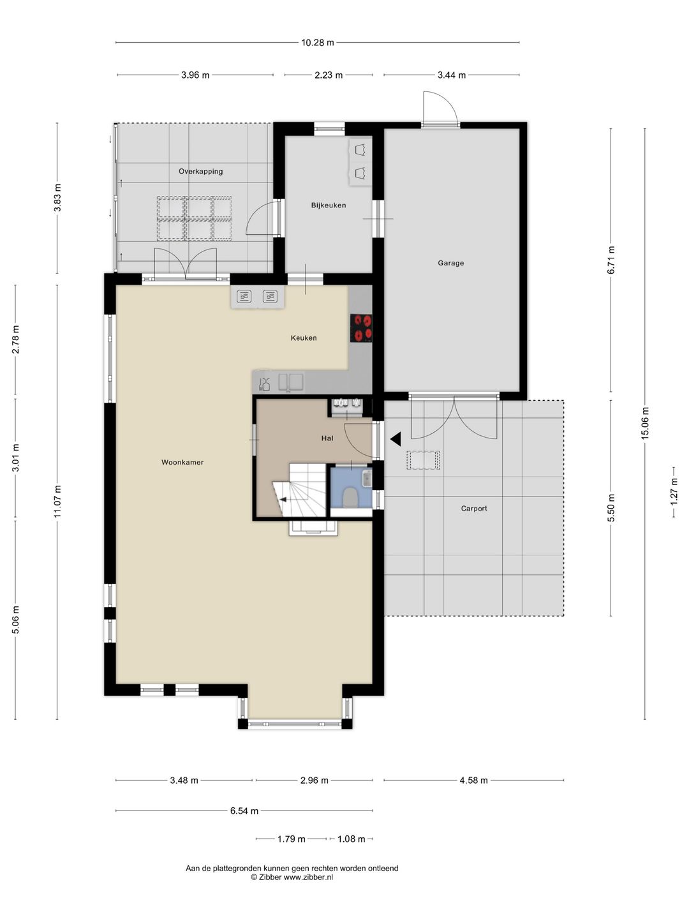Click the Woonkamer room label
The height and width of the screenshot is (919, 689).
[x=182, y=462]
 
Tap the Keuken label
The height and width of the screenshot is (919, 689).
[x=304, y=338]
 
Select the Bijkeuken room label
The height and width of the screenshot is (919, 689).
[x=329, y=205]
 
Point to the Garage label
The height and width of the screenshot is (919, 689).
[x=450, y=263]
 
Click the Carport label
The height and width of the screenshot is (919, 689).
[x=474, y=509]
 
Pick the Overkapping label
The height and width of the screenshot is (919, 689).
[x=201, y=171]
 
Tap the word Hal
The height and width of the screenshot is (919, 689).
[x=327, y=438]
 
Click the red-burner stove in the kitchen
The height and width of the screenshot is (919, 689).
[x=361, y=328]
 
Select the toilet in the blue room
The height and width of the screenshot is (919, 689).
[x=350, y=497]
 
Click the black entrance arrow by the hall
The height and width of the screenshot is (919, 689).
[x=396, y=439]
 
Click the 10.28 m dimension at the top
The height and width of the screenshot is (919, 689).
[x=317, y=43]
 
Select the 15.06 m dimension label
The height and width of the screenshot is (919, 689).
[x=644, y=423]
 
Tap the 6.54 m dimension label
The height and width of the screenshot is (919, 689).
[x=244, y=811]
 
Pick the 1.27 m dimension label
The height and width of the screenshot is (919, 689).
[x=674, y=489]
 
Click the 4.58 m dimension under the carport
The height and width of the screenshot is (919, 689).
[x=473, y=780]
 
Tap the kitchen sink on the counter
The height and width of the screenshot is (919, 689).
[x=288, y=382]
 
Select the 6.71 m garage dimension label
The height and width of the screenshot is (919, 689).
[x=611, y=260]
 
